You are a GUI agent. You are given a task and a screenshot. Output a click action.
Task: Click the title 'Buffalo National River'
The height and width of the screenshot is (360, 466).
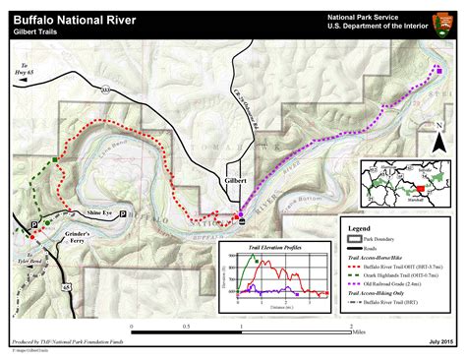(x=75, y=19)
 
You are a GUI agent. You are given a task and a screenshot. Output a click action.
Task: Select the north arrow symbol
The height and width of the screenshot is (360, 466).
(x=440, y=139)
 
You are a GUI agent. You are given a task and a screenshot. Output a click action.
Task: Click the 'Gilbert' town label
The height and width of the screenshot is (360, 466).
(x=235, y=181)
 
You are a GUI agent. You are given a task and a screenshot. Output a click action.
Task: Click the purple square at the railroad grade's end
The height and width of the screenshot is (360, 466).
(x=438, y=71)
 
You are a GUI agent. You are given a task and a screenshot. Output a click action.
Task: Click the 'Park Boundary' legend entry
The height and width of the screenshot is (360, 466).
(x=382, y=238)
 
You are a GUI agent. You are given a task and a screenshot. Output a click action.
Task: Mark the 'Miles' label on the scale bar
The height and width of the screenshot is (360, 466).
(x=361, y=331)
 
